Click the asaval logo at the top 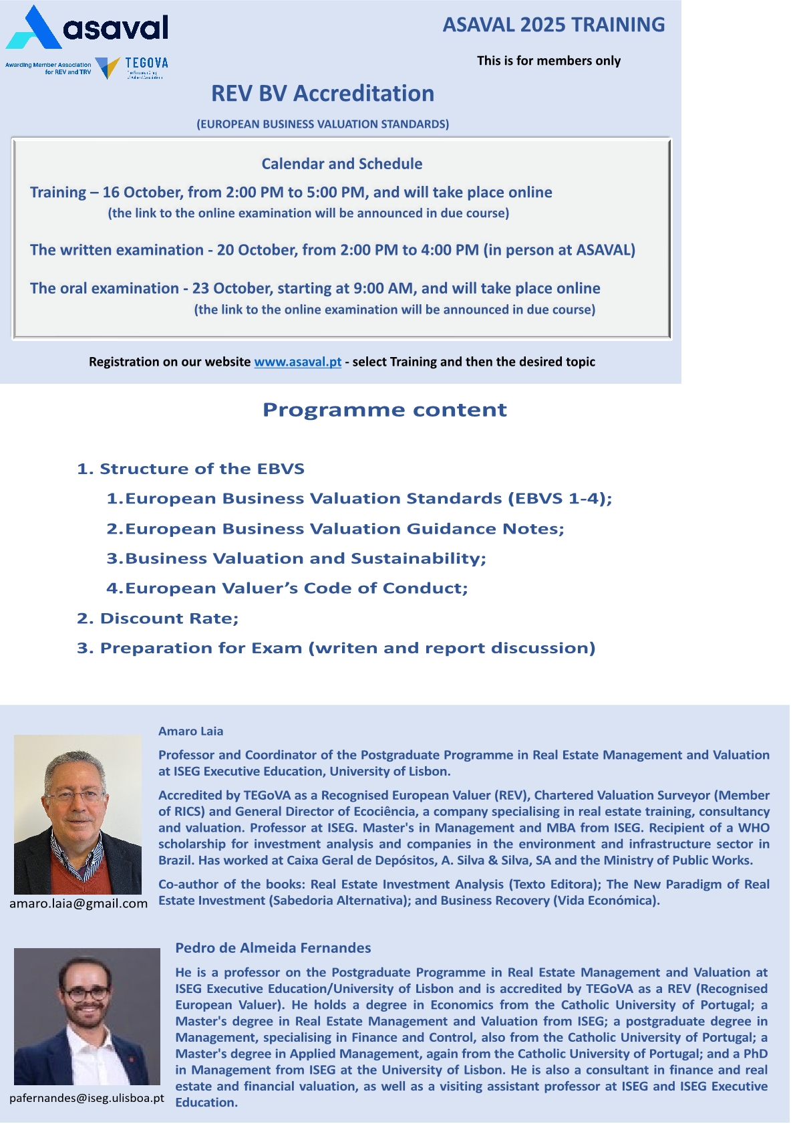[87, 28]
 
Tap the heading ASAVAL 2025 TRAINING [553, 25]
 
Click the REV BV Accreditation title [323, 94]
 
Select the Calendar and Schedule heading [341, 164]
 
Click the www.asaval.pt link [297, 362]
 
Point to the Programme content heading [384, 409]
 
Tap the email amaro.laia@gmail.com [78, 903]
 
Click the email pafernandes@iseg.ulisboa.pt [86, 1098]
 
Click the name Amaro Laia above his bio [190, 731]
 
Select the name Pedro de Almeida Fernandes [273, 947]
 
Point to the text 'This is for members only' [548, 61]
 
